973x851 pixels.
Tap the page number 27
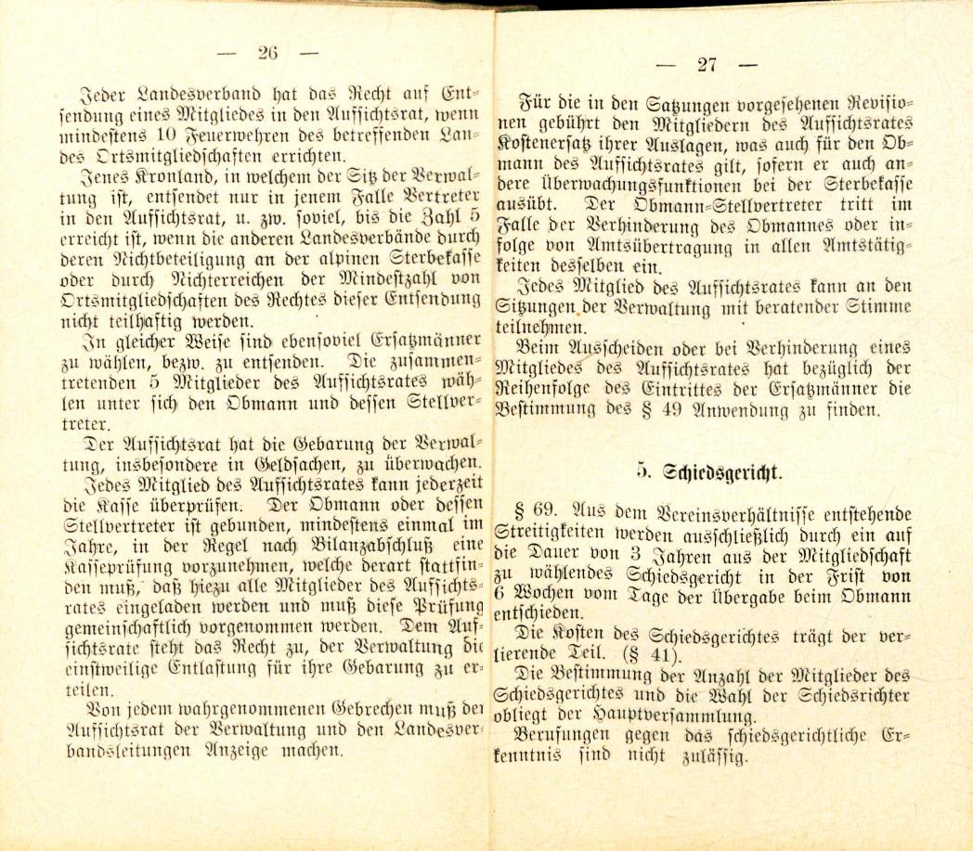click(x=707, y=65)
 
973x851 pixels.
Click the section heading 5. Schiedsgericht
click(x=709, y=471)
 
